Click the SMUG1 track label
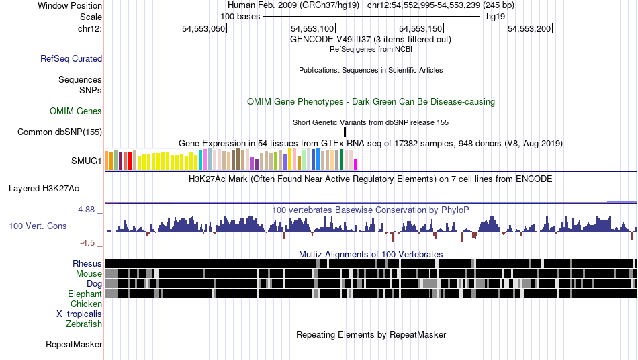click(87, 161)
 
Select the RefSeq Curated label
click(71, 59)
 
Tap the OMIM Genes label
click(76, 111)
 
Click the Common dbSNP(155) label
click(60, 132)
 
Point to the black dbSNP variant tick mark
click(345, 132)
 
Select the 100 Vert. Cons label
click(38, 226)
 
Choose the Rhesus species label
click(87, 263)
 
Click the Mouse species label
click(89, 273)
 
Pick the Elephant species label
click(85, 294)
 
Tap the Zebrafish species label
click(84, 324)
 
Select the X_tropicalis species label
click(79, 314)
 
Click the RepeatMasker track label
click(74, 345)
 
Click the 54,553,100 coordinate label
click(312, 28)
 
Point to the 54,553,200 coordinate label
click(529, 28)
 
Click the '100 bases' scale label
click(240, 16)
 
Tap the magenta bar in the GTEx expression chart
click(356, 164)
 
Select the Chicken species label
click(86, 304)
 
